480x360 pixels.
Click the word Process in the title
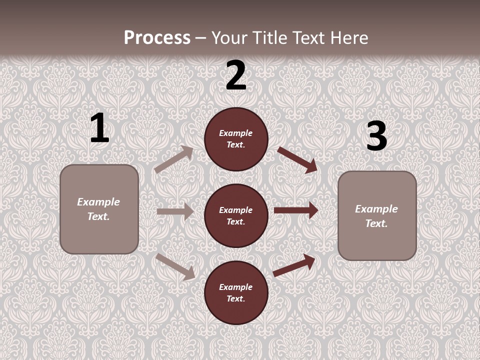tap(157, 38)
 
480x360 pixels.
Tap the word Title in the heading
tap(270, 38)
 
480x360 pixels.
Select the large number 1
tap(99, 128)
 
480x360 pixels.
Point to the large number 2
tap(236, 75)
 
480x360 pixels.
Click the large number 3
tap(376, 136)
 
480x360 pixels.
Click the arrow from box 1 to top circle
tap(173, 159)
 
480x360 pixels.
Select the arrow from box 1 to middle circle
tap(175, 211)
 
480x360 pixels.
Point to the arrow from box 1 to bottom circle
tap(175, 266)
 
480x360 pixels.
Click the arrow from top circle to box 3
tap(297, 159)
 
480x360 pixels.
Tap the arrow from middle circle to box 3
tap(296, 210)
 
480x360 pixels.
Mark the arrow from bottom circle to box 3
tap(294, 265)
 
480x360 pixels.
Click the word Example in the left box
tap(98, 202)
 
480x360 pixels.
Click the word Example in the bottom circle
tap(236, 287)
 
